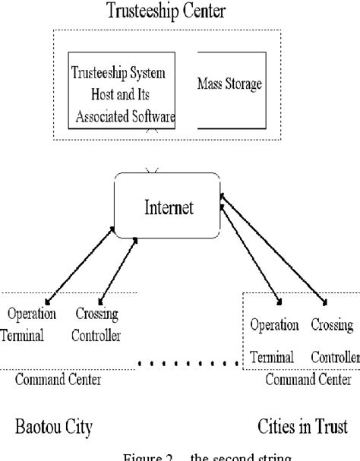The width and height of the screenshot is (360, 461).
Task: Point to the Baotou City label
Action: [53, 427]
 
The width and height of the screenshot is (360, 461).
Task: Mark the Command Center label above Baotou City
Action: [58, 379]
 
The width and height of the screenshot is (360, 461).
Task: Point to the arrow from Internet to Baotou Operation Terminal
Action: [80, 262]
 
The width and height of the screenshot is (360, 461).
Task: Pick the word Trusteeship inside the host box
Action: [99, 73]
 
